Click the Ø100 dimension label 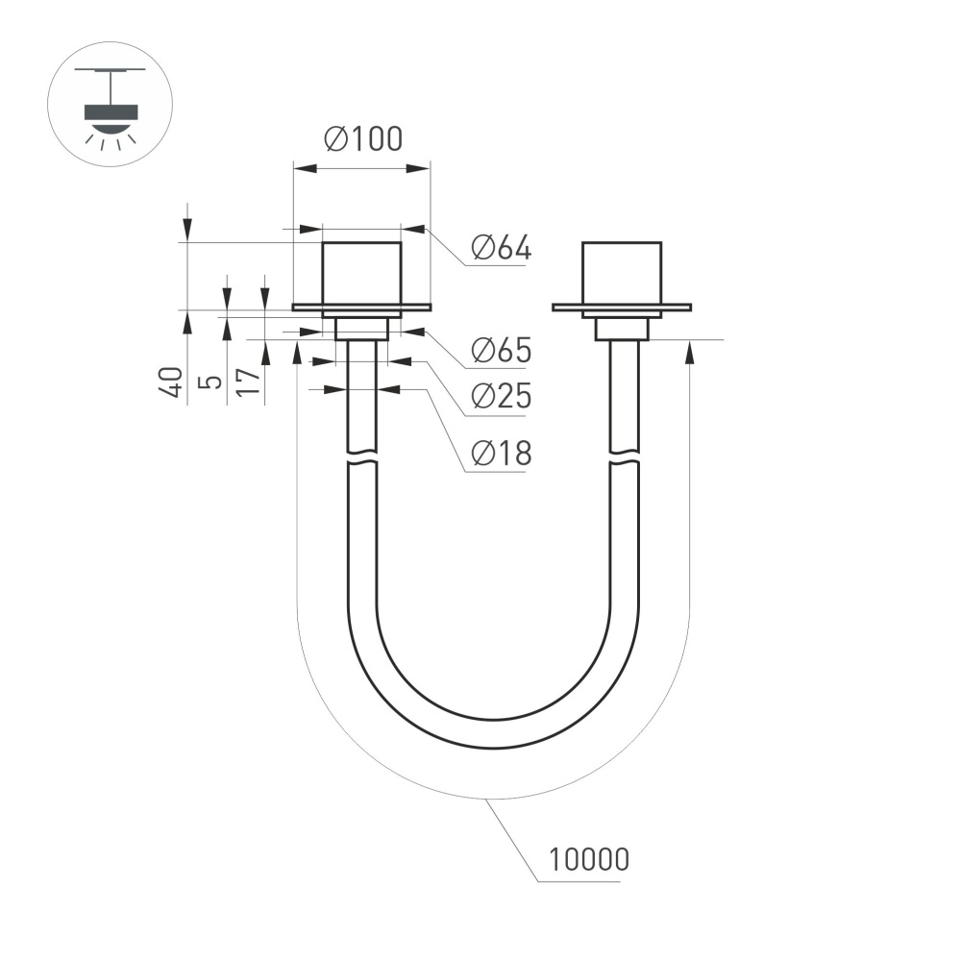point(363,140)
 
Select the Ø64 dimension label point(501,249)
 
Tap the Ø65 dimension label point(501,351)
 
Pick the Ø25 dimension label point(501,396)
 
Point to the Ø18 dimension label point(501,453)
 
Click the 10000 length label point(588,858)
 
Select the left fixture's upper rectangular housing point(361,273)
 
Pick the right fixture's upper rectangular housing point(622,273)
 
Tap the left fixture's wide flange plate point(361,308)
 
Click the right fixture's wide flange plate point(622,308)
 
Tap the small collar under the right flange point(622,328)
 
